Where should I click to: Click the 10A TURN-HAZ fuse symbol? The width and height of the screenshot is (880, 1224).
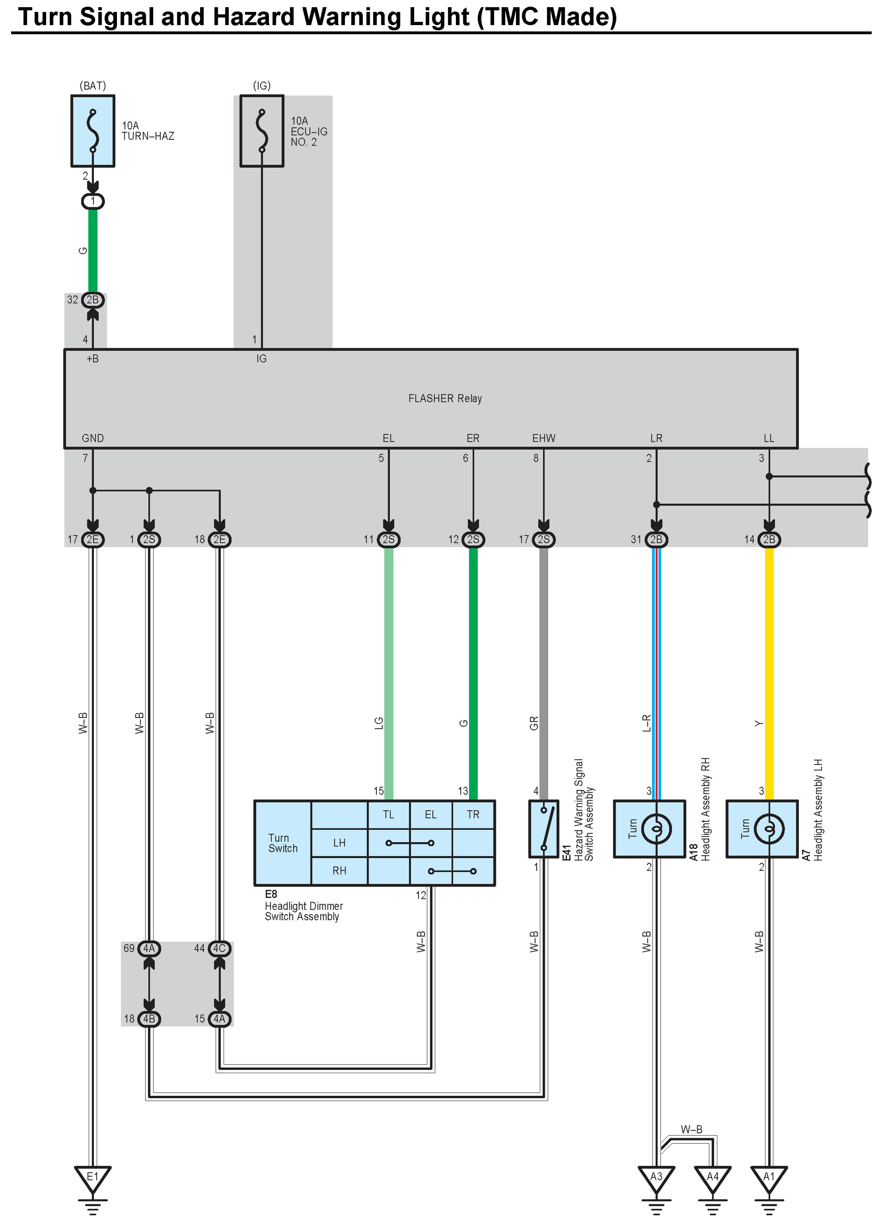coord(93,131)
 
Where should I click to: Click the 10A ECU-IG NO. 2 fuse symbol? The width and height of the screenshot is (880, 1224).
coord(261,131)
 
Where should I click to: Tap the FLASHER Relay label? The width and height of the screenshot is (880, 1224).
coord(445,398)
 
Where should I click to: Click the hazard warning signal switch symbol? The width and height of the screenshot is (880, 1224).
coord(544,829)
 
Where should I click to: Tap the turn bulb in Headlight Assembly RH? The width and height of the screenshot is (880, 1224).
coord(656,828)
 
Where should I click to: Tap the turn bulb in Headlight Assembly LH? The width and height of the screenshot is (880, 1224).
coord(769,828)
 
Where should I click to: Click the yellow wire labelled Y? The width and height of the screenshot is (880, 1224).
coord(770,675)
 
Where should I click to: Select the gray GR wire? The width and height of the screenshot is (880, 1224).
coord(544,675)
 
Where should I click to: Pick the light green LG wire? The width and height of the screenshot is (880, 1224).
coord(389,675)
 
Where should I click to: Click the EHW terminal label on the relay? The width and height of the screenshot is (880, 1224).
coord(544,438)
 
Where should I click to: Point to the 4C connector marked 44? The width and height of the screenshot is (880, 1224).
coord(219,948)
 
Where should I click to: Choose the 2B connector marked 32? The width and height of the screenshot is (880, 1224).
coord(93,300)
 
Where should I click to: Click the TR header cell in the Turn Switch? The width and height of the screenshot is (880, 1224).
coord(473,814)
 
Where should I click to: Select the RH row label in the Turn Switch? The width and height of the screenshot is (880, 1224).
coord(339,870)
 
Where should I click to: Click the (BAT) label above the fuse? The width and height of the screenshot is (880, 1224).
coord(93,86)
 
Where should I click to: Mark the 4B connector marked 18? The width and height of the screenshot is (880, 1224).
coord(149,1019)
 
